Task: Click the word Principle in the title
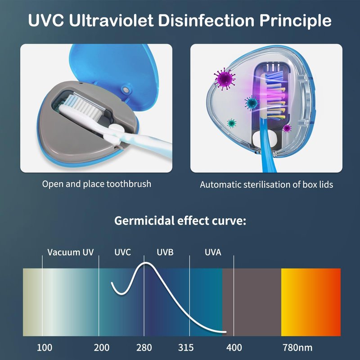click(x=295, y=21)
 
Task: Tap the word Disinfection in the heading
click(x=206, y=21)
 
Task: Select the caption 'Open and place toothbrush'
click(x=97, y=184)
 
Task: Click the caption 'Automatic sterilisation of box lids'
click(x=266, y=184)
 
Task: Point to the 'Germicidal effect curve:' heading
click(x=180, y=221)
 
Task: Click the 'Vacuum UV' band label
click(x=71, y=252)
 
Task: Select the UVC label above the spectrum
click(x=122, y=252)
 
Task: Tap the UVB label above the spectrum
click(x=165, y=252)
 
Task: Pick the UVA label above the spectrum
click(x=213, y=252)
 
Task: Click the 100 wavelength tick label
click(x=45, y=347)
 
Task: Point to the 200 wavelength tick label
click(x=102, y=347)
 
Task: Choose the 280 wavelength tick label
click(x=144, y=347)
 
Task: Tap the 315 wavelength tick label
click(x=186, y=347)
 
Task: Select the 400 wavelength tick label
click(x=234, y=347)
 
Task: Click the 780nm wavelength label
click(x=297, y=347)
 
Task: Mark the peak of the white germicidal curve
click(x=145, y=263)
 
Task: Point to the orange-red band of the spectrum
click(x=311, y=302)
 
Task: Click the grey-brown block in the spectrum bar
click(x=252, y=302)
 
